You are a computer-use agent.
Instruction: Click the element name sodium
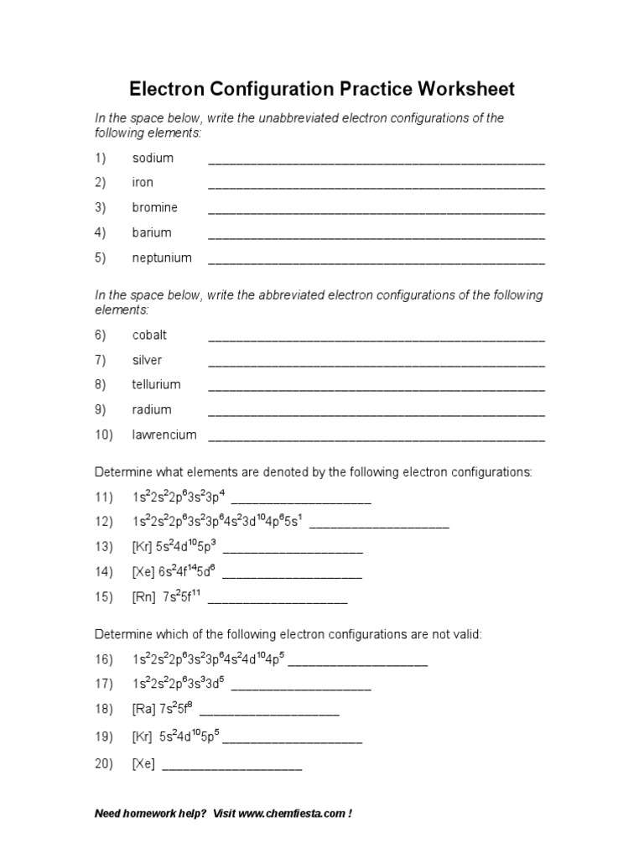click(153, 158)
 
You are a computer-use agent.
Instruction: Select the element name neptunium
click(162, 258)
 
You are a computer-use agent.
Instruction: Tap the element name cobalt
click(149, 335)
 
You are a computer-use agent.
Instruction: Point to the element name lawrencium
click(164, 435)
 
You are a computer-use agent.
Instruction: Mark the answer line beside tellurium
click(377, 388)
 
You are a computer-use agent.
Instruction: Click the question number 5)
click(101, 258)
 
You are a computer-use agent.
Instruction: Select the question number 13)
click(103, 547)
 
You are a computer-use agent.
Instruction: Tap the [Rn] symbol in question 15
click(143, 597)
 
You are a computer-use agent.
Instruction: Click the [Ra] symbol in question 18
click(143, 709)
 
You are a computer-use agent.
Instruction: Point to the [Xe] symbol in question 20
click(143, 765)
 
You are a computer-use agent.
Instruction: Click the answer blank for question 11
click(301, 501)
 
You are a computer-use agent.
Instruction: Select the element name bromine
click(155, 207)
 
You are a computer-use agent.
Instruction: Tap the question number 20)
click(103, 765)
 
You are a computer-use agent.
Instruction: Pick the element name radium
click(152, 409)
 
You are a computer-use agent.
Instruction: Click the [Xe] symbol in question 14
click(143, 572)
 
